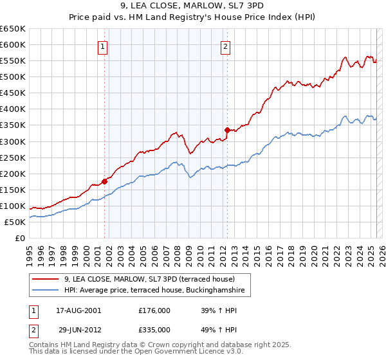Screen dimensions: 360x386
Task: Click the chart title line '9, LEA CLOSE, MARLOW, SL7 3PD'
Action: [x=193, y=6]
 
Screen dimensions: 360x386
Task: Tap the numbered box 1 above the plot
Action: [x=104, y=46]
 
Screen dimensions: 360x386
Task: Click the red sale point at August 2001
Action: [x=104, y=181]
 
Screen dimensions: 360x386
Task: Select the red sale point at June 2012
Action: [x=227, y=130]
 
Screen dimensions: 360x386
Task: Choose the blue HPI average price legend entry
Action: [x=154, y=291]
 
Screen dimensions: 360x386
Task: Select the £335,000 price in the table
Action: [x=154, y=329]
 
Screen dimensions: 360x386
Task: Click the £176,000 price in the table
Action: [x=154, y=310]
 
